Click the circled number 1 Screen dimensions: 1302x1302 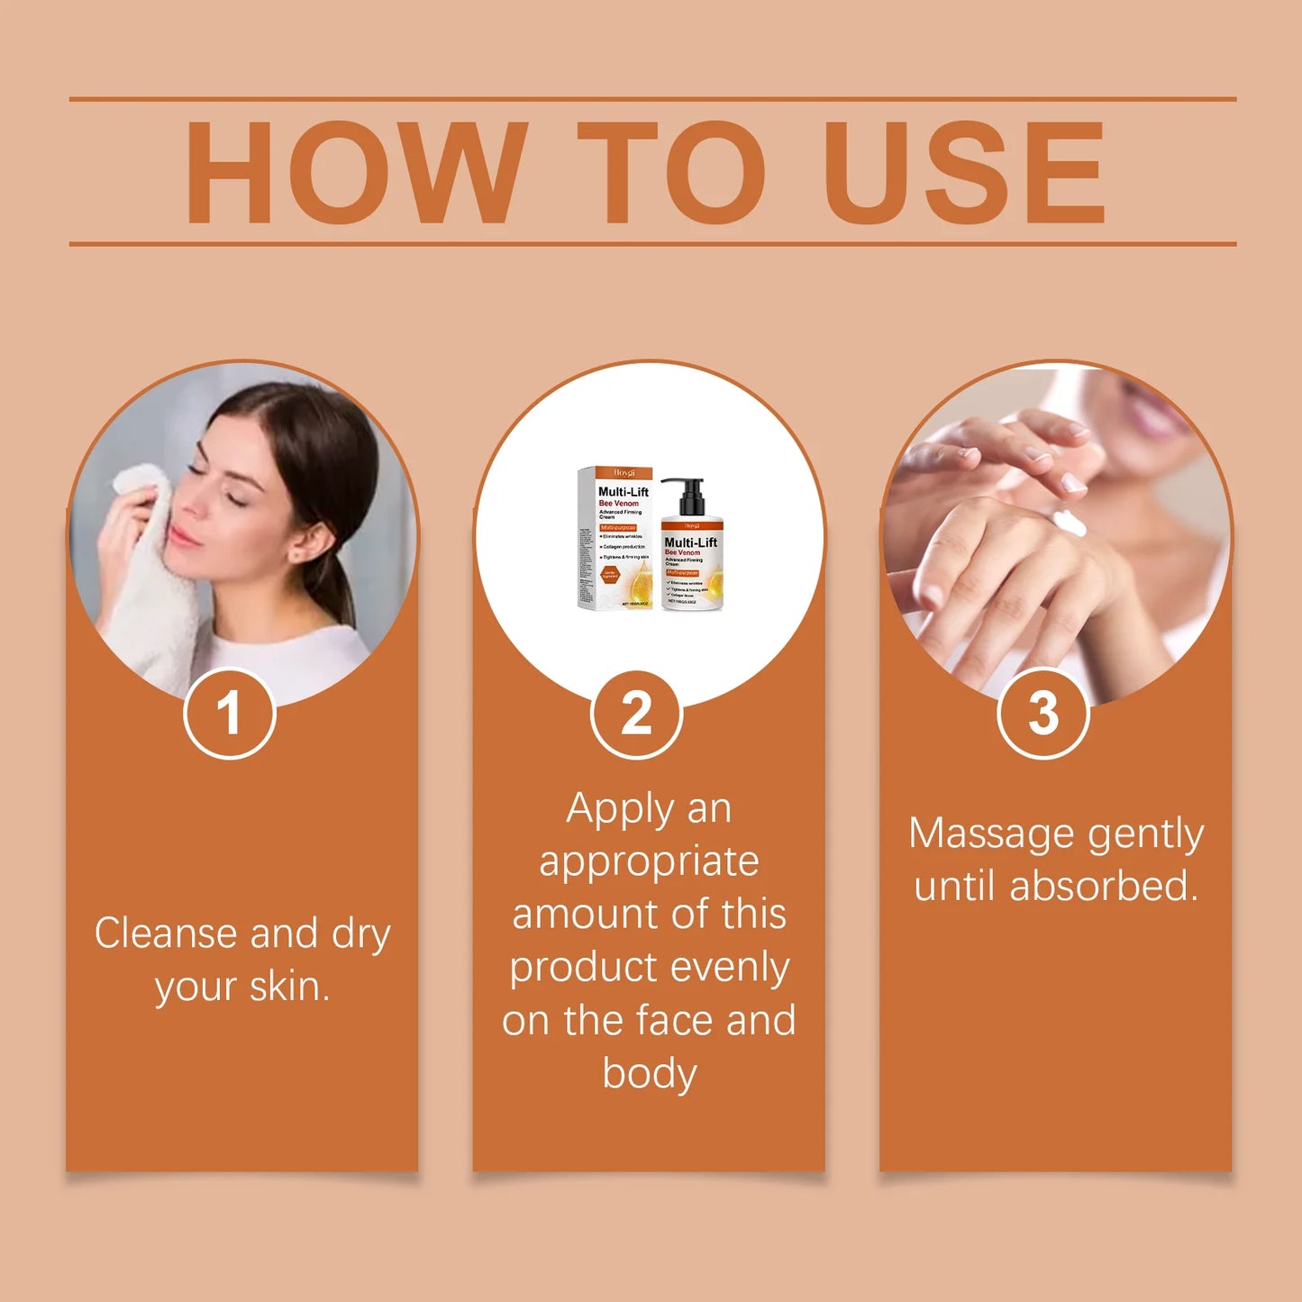(x=229, y=714)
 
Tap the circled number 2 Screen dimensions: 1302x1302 (x=636, y=714)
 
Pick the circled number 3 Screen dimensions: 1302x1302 (x=1043, y=714)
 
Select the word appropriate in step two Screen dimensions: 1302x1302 (x=649, y=861)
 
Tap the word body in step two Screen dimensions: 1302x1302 (x=649, y=1073)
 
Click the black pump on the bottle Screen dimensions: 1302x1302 (x=687, y=496)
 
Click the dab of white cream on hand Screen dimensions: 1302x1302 (x=1070, y=522)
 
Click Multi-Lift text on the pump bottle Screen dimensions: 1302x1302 (x=690, y=542)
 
